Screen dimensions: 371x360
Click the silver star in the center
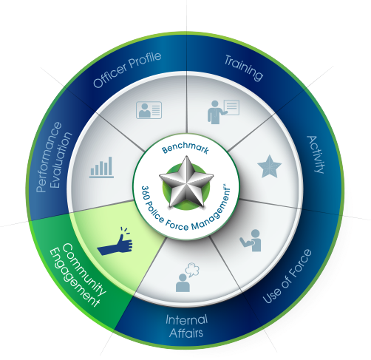[186, 182]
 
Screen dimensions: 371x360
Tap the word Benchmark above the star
[185, 148]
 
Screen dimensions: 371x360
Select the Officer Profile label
[127, 69]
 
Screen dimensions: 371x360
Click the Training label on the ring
[244, 67]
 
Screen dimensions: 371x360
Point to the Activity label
[316, 154]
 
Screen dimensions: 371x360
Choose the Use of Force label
[287, 276]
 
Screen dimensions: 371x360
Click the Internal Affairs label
[186, 326]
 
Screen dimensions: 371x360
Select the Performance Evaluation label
[54, 157]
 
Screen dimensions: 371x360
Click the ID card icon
[149, 110]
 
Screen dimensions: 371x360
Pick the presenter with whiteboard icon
[223, 112]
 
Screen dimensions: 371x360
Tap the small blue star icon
[270, 166]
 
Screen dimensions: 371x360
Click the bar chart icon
[101, 167]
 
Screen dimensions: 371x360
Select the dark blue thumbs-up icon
[115, 242]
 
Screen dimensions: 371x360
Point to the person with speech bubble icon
[188, 277]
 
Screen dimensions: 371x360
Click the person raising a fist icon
[251, 240]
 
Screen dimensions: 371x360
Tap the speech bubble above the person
[192, 269]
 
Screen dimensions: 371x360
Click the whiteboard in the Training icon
[231, 107]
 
